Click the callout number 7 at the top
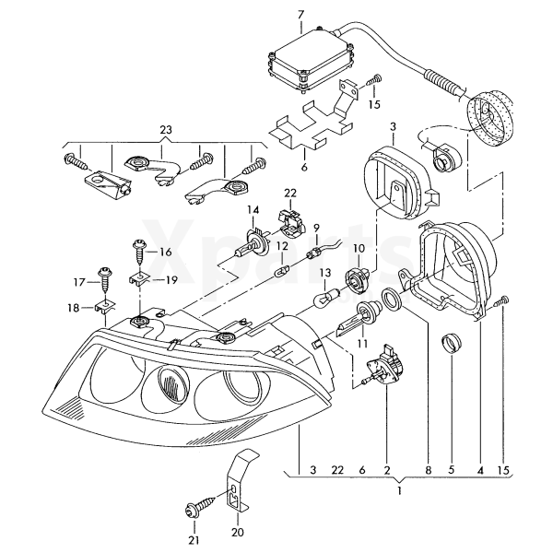(x=300, y=13)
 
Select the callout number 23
(x=166, y=128)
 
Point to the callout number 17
(x=78, y=281)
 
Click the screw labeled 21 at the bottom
(x=198, y=505)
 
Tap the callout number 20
(x=238, y=533)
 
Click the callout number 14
(x=253, y=211)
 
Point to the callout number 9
(x=315, y=227)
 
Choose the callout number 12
(x=284, y=246)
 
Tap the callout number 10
(x=359, y=248)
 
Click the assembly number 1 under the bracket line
(x=398, y=493)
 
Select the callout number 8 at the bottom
(x=428, y=470)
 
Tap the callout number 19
(x=171, y=280)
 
